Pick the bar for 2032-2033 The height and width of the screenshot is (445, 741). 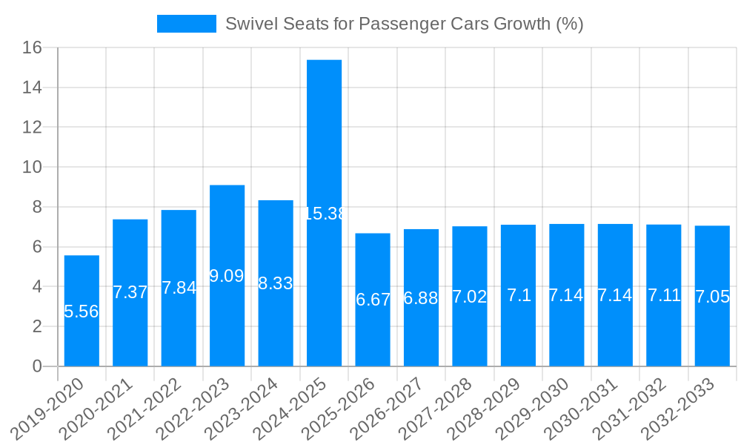(x=712, y=334)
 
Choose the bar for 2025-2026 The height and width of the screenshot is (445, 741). (x=373, y=334)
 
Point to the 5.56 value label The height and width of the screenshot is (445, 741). (x=82, y=311)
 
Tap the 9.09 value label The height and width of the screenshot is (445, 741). (x=227, y=276)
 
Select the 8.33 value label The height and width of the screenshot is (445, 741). (x=276, y=283)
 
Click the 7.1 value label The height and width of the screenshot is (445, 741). (x=519, y=296)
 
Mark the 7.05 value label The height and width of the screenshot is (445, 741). (x=713, y=297)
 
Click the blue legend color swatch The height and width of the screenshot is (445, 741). (x=186, y=24)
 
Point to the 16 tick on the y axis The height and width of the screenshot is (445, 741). (x=33, y=48)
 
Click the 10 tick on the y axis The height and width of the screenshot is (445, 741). (x=33, y=168)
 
